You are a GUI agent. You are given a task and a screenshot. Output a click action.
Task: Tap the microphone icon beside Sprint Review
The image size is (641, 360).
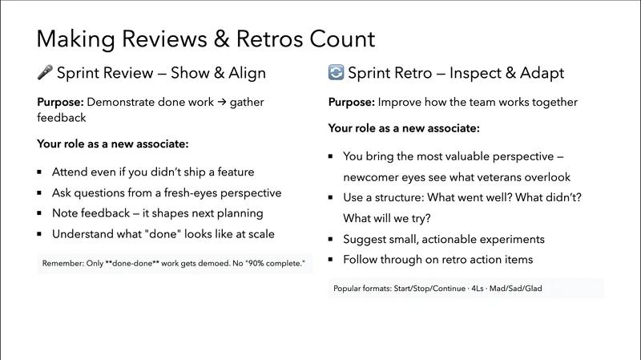(45, 73)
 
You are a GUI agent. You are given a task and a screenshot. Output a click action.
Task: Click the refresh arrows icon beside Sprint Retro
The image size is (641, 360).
(337, 73)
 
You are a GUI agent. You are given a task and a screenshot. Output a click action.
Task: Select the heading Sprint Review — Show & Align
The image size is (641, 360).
(161, 73)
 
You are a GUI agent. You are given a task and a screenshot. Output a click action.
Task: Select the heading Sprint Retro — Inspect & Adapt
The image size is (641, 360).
(456, 73)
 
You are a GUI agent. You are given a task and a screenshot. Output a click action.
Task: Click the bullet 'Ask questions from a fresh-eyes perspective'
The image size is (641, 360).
(166, 192)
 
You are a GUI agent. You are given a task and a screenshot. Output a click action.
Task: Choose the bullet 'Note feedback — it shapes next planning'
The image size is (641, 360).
(157, 213)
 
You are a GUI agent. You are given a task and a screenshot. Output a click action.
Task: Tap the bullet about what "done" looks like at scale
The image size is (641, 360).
(163, 234)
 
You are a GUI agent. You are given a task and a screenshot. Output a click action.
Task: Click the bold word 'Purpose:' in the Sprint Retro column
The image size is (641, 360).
(352, 103)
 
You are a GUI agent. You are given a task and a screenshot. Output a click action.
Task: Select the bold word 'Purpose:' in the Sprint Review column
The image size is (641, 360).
(60, 103)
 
